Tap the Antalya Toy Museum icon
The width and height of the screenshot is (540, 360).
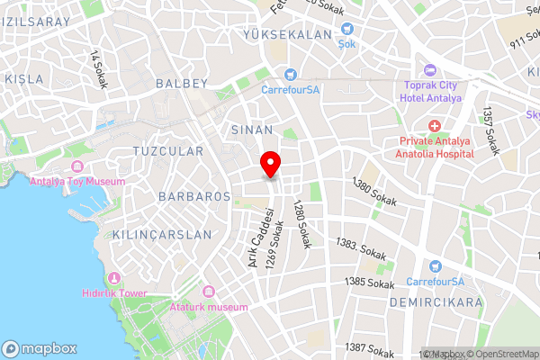point(76,167)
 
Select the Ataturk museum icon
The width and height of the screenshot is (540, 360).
point(209,292)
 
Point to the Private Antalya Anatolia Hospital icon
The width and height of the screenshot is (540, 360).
point(436,126)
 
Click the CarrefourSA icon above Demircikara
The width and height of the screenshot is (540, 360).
point(436,266)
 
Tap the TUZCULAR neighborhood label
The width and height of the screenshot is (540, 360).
point(167,151)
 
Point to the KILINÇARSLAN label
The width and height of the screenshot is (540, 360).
point(163,234)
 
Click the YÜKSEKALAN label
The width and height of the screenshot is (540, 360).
point(287,34)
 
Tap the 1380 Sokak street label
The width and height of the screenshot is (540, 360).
point(374,191)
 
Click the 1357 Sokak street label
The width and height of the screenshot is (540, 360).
point(490,130)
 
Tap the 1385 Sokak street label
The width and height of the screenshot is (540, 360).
point(370,283)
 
